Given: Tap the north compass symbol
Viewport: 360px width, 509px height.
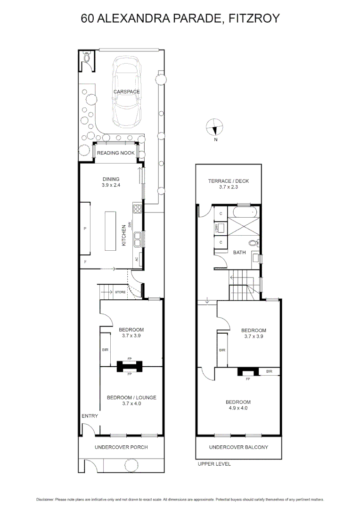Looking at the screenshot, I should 214,127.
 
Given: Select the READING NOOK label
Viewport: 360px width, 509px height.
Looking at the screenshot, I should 115,153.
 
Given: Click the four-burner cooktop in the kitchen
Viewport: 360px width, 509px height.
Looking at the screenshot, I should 138,209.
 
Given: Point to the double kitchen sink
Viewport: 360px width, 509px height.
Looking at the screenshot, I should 138,240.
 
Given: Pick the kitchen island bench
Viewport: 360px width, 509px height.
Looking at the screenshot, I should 111,231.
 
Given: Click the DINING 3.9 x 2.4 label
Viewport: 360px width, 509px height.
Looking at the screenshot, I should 111,182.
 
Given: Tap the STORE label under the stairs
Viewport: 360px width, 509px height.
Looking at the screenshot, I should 120,293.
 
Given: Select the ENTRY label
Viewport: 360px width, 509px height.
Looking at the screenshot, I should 90,416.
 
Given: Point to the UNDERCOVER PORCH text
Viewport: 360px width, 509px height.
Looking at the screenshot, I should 121,447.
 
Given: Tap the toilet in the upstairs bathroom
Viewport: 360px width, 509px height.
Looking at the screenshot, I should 253,244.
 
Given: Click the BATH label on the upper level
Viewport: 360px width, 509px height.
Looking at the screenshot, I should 239,253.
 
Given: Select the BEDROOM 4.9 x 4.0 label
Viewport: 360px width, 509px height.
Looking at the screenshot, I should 238,405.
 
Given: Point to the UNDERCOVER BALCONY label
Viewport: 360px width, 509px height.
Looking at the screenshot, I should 238,447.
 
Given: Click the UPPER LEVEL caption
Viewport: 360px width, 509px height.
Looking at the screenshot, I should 214,464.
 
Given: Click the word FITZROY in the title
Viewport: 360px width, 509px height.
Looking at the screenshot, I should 254,18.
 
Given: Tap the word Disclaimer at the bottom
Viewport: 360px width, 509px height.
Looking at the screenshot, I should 45,499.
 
